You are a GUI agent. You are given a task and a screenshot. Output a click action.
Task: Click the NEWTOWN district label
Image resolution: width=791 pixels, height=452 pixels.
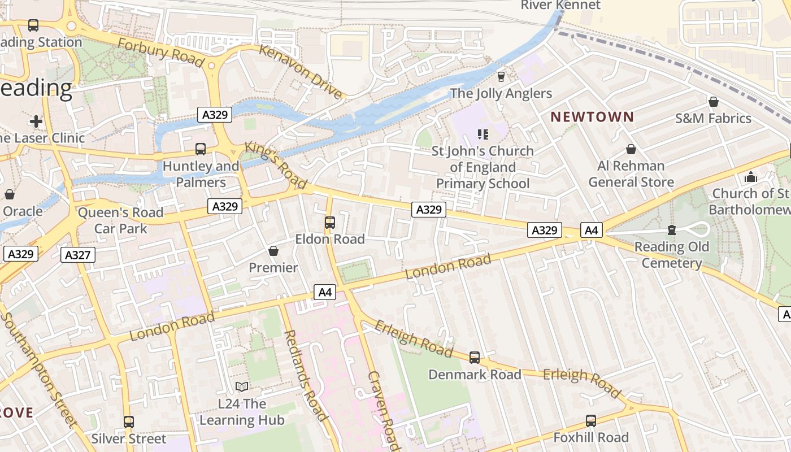pos(592,117)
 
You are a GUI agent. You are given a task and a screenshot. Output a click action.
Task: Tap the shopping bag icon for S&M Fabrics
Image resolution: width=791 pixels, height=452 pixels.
pos(714,102)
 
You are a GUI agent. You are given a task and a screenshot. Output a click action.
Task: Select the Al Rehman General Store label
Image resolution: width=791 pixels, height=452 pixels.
pos(631,174)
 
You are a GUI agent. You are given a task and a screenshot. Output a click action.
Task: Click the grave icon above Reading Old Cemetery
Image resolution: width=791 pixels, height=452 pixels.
pos(671,230)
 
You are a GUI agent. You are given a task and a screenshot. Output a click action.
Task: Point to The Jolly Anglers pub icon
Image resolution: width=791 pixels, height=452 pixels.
pos(501,76)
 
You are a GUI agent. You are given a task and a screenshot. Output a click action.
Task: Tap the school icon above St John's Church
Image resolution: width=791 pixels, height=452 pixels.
pos(483,134)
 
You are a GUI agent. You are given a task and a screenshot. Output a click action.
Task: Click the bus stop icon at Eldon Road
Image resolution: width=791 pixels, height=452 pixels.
pos(330,223)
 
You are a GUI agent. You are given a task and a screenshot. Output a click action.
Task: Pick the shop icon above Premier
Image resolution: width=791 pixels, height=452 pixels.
pos(273,250)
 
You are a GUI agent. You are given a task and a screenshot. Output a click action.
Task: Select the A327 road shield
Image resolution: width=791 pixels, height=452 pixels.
pos(78,255)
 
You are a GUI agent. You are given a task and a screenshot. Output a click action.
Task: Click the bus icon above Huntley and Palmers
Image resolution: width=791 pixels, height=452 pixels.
pos(201,149)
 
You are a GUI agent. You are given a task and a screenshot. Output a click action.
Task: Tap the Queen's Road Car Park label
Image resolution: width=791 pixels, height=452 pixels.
pos(120,220)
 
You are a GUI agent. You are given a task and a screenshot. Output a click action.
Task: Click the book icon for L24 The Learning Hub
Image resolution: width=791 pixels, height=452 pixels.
pos(242,387)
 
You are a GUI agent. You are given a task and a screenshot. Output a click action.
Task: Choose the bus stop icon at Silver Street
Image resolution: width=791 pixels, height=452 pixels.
pos(129,421)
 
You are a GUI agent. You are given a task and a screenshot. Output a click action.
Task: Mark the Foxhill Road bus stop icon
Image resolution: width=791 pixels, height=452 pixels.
pos(591,420)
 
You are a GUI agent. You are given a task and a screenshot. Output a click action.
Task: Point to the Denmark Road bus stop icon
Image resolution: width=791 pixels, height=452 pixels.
pos(475,358)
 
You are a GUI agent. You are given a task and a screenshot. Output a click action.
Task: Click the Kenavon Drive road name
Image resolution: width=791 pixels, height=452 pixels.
pos(301,71)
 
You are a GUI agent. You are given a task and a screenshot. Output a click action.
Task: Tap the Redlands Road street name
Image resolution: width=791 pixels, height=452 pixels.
pos(305,376)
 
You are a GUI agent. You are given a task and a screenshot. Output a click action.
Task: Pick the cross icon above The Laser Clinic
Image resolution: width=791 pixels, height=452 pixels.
pos(36,121)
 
